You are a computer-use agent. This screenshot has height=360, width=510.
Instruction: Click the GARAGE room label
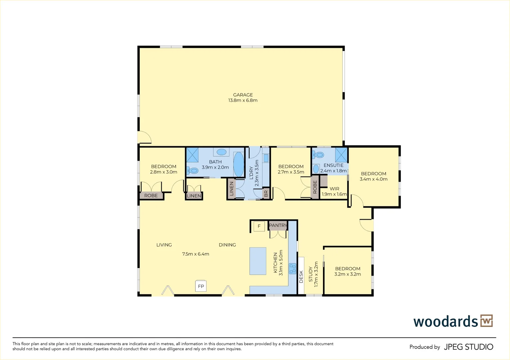point(243,95)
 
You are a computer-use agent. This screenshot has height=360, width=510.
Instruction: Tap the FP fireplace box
point(201,286)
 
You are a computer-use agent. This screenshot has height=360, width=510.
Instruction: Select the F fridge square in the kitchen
point(259,226)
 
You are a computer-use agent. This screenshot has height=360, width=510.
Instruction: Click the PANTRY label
point(278,225)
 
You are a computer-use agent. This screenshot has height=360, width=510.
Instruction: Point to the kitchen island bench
point(258,261)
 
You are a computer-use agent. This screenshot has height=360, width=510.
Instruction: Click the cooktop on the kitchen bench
point(293,268)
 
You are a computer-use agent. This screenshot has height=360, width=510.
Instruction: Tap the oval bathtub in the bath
point(239,164)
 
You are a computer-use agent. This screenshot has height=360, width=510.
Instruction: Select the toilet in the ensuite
point(318,155)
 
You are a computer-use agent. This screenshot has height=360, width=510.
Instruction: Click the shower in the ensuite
point(341,155)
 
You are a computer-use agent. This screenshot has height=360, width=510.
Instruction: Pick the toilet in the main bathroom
point(193,170)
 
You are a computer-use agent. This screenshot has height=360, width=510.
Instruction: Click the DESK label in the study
point(301,277)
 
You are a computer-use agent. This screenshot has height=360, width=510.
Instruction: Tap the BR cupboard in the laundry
point(266,194)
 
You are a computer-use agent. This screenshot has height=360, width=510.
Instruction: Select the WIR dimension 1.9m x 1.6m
point(334,194)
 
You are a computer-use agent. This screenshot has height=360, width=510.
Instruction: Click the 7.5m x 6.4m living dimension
point(196,254)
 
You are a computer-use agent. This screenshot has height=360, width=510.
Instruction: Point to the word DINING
point(227,245)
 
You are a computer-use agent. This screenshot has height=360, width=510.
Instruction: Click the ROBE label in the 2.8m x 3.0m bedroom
point(151,196)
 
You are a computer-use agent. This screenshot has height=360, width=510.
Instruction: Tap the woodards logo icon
point(487,321)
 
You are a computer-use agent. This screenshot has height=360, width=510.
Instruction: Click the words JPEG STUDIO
point(469,347)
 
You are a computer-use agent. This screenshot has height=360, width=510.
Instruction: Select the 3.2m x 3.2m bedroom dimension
point(347,274)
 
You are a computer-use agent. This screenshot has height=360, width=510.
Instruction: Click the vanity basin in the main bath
point(221,152)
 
